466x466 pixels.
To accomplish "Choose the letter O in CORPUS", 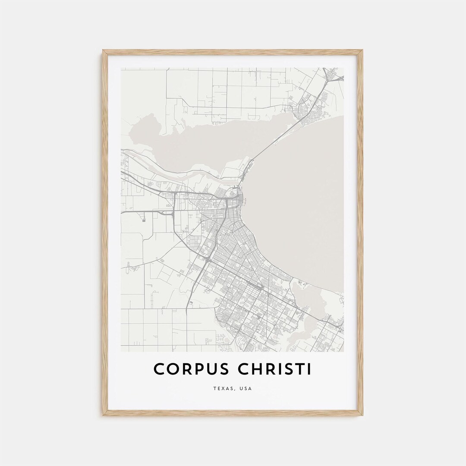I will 172,369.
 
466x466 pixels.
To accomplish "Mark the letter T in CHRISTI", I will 301,369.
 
